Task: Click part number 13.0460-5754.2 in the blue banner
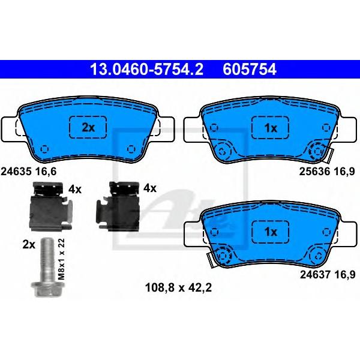pyautogui.click(x=147, y=69)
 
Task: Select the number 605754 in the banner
pyautogui.click(x=250, y=69)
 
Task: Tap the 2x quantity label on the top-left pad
pyautogui.click(x=88, y=128)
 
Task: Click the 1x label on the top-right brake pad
pyautogui.click(x=271, y=128)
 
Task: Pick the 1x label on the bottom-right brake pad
pyautogui.click(x=271, y=232)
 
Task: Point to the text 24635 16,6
pyautogui.click(x=28, y=172)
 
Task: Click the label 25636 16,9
pyautogui.click(x=327, y=172)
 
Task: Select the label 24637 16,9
pyautogui.click(x=328, y=274)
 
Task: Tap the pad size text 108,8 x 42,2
pyautogui.click(x=178, y=287)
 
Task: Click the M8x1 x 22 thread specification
pyautogui.click(x=61, y=259)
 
